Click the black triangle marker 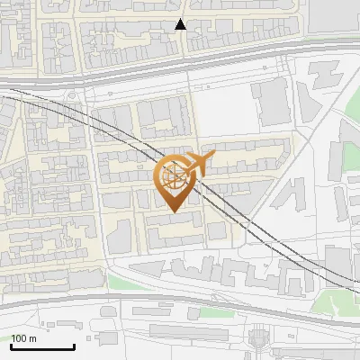click(x=180, y=24)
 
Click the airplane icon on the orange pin click(x=200, y=165)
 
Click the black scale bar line click(x=42, y=346)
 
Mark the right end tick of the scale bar click(x=74, y=345)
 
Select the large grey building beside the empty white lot click(x=274, y=102)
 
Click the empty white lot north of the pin click(x=220, y=112)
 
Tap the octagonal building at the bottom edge click(x=259, y=339)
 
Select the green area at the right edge click(x=350, y=158)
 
